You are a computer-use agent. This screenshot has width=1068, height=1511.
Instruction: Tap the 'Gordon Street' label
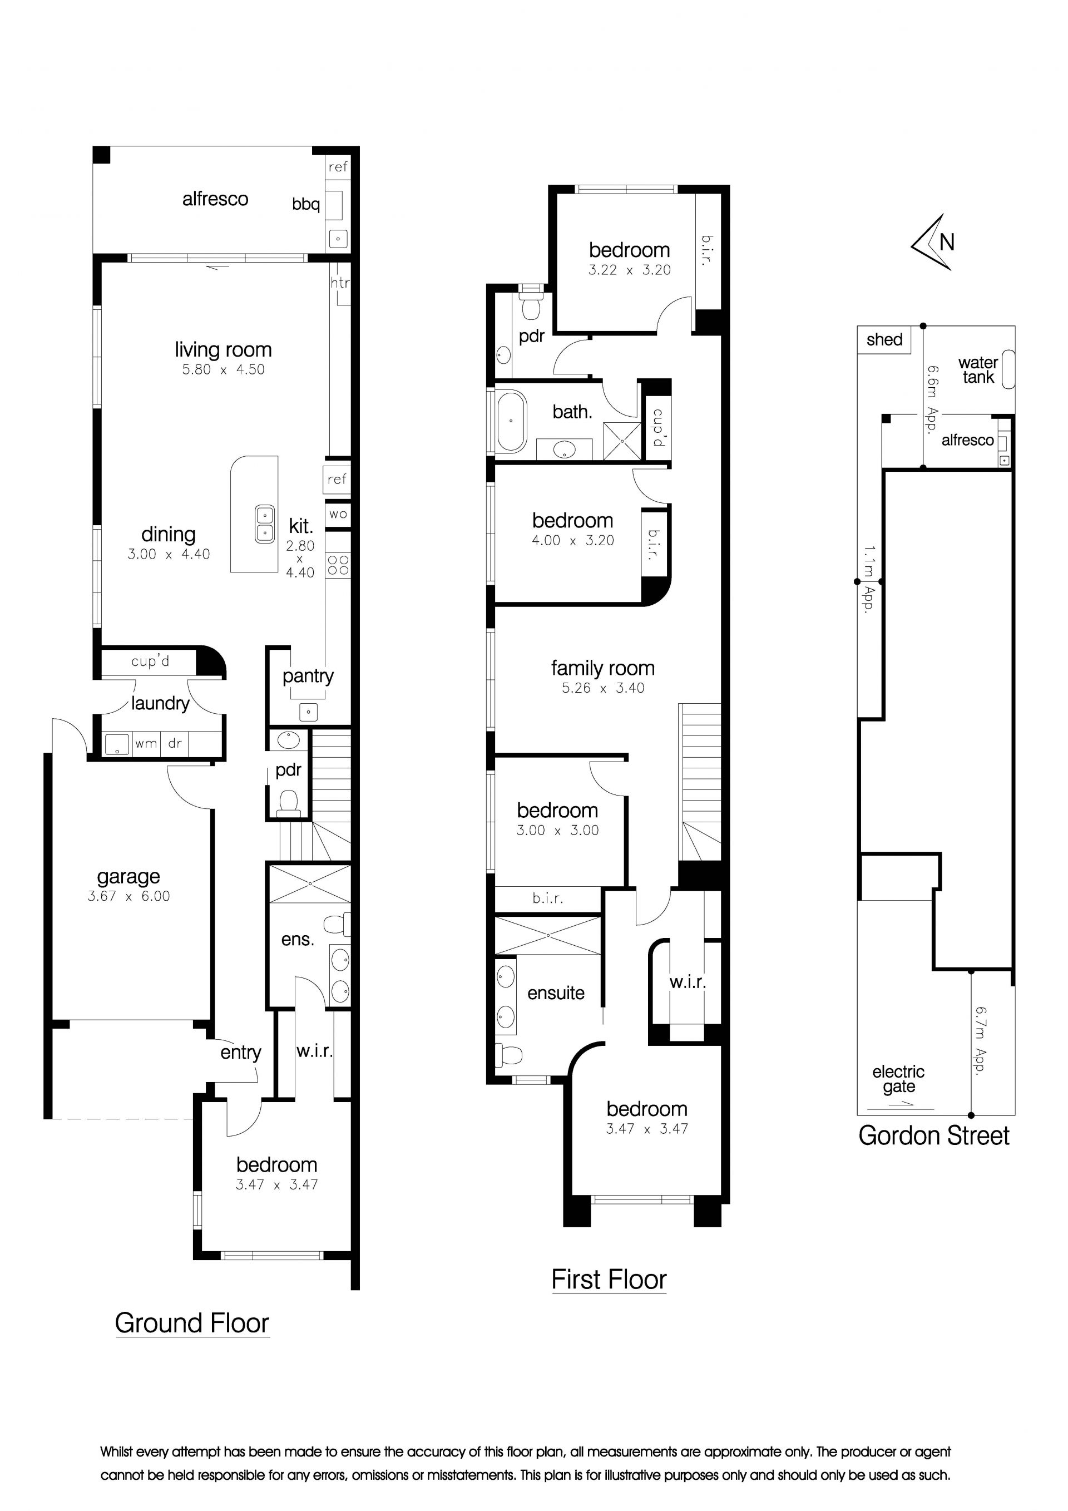[934, 1135]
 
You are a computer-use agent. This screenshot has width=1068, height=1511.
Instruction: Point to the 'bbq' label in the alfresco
[306, 205]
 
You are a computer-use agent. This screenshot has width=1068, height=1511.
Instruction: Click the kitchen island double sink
[265, 524]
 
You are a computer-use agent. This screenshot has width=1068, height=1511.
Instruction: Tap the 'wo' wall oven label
[338, 514]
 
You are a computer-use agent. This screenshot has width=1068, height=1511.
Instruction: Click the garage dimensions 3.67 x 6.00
[129, 896]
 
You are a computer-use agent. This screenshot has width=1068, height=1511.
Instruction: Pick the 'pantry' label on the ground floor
[308, 677]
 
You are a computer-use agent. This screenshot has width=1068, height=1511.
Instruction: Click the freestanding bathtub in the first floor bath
[511, 422]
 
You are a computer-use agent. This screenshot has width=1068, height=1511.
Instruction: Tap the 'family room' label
[603, 668]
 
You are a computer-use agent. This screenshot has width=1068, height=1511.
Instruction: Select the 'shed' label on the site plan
[884, 339]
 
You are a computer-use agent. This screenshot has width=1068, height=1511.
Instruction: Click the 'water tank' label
[978, 370]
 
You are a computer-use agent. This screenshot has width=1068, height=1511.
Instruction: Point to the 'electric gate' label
[898, 1079]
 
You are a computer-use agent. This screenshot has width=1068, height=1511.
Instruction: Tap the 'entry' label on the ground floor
[241, 1053]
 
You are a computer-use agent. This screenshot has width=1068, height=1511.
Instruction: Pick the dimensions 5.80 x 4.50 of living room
[224, 369]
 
